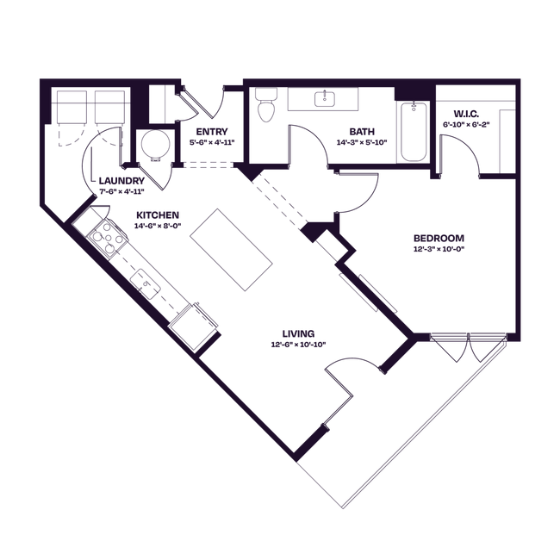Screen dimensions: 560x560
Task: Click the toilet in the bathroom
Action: pyautogui.click(x=266, y=104)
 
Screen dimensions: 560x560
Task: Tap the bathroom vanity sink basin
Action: pyautogui.click(x=324, y=98)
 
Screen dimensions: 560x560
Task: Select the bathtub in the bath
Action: pyautogui.click(x=414, y=132)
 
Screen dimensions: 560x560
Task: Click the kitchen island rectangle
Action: pyautogui.click(x=231, y=250)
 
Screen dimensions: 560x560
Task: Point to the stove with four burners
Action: pyautogui.click(x=107, y=237)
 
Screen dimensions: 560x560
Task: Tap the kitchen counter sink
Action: pyautogui.click(x=146, y=283)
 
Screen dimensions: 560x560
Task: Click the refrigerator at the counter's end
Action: pyautogui.click(x=194, y=327)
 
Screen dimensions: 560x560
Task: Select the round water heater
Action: pyautogui.click(x=155, y=145)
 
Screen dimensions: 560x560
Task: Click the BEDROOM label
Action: pyautogui.click(x=439, y=238)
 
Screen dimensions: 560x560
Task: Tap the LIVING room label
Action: pyautogui.click(x=299, y=334)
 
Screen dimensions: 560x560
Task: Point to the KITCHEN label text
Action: pyautogui.click(x=158, y=215)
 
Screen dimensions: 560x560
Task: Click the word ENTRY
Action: pyautogui.click(x=212, y=132)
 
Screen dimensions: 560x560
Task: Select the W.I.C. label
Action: pyautogui.click(x=466, y=115)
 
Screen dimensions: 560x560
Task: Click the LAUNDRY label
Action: pyautogui.click(x=121, y=181)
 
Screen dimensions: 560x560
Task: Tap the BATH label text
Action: pyautogui.click(x=362, y=132)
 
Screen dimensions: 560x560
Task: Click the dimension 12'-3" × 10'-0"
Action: pyautogui.click(x=439, y=249)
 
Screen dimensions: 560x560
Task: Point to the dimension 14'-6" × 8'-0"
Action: pyautogui.click(x=158, y=226)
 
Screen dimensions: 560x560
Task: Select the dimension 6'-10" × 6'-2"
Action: pyautogui.click(x=466, y=125)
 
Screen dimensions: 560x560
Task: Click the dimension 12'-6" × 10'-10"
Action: pyautogui.click(x=299, y=345)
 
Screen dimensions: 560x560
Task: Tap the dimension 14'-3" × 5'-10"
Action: pyautogui.click(x=362, y=142)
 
